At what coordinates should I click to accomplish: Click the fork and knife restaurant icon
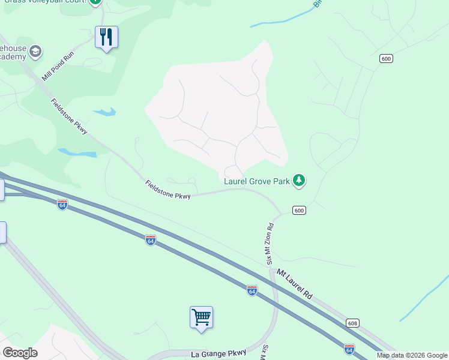pyautogui.click(x=106, y=37)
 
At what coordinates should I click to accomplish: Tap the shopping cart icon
pyautogui.click(x=202, y=316)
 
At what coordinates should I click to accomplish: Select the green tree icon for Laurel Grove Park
pyautogui.click(x=299, y=180)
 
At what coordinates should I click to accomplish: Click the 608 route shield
pyautogui.click(x=353, y=323)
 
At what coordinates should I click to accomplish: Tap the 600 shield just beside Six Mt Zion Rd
pyautogui.click(x=300, y=210)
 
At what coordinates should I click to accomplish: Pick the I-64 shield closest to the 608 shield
pyautogui.click(x=349, y=349)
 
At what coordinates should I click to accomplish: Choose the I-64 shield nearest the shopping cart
pyautogui.click(x=252, y=290)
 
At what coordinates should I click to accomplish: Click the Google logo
pyautogui.click(x=20, y=353)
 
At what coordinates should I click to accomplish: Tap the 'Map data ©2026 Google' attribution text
pyautogui.click(x=412, y=355)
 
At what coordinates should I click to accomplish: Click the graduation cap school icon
pyautogui.click(x=35, y=51)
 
